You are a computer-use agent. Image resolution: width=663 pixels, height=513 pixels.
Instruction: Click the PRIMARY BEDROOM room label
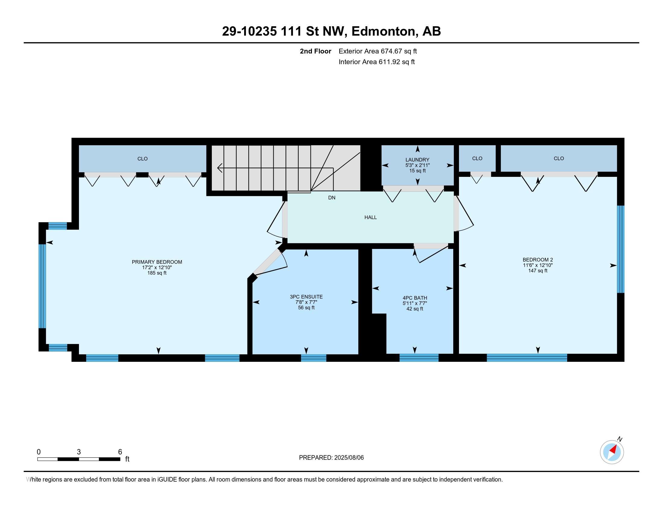[x=157, y=262]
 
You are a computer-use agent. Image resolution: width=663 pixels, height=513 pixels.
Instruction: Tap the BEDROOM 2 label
[x=538, y=260]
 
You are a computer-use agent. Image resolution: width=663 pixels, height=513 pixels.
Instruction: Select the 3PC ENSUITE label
[x=306, y=297]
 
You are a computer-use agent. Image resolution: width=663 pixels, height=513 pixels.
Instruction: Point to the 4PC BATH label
[x=415, y=298]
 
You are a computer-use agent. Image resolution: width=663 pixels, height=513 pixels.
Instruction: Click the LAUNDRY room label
[x=417, y=160]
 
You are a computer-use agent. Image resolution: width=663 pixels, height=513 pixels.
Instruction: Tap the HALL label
[x=370, y=217]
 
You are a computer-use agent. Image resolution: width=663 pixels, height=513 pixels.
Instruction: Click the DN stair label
[x=331, y=198]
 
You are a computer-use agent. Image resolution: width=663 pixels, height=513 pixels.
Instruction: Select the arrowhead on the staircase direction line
[x=220, y=168]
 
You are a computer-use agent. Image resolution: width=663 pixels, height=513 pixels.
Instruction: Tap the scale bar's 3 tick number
[x=79, y=452]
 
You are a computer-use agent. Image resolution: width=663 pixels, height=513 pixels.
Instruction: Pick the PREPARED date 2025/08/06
[x=349, y=458]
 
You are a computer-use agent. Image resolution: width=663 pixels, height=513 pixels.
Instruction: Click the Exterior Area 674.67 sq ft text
[x=378, y=51]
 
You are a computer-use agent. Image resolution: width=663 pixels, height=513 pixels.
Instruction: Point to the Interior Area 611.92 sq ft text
[x=376, y=62]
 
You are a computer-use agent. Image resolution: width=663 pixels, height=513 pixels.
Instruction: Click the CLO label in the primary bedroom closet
[x=142, y=159]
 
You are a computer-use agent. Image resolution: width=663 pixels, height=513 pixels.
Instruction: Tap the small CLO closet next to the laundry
[x=477, y=158]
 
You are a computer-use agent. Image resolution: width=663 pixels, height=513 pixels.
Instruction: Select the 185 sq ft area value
[x=157, y=273]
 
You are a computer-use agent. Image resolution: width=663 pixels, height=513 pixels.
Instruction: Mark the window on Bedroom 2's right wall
[x=621, y=249]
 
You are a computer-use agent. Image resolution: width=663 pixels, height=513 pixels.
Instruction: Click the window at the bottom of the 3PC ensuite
[x=314, y=358]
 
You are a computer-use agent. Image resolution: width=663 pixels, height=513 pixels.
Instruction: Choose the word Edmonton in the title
[x=383, y=31]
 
